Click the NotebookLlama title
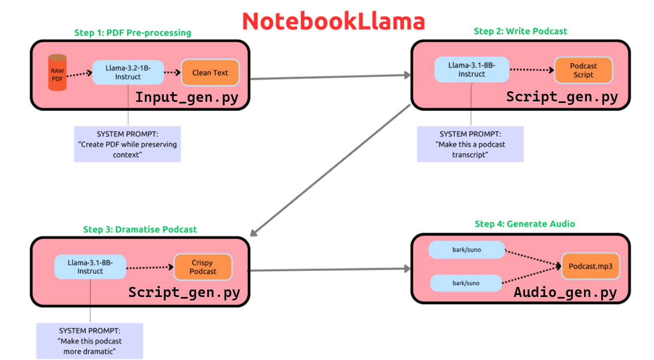334,21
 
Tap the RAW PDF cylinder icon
57,73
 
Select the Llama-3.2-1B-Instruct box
128,73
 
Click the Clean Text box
210,73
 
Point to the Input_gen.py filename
187,98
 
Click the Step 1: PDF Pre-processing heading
133,33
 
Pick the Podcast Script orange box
583,70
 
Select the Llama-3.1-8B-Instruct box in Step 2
472,70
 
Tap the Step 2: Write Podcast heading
520,31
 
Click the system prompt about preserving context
127,144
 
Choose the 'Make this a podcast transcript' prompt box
470,144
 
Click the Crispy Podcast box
203,267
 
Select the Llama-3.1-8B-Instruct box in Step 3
90,267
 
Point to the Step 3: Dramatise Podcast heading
140,229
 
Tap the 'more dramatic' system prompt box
90,341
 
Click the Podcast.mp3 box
591,266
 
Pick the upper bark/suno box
467,250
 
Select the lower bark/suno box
466,283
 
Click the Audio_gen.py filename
565,292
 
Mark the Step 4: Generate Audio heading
525,224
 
